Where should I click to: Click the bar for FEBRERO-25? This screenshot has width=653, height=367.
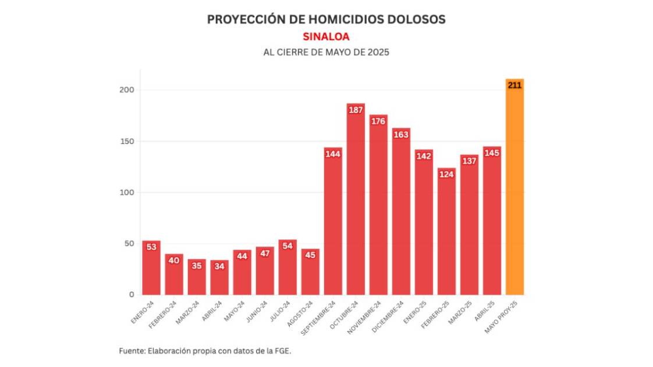pyautogui.click(x=446, y=233)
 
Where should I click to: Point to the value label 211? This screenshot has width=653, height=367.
pyautogui.click(x=514, y=85)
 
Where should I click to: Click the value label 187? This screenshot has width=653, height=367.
pyautogui.click(x=356, y=110)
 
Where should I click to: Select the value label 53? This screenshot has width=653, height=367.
pyautogui.click(x=151, y=247)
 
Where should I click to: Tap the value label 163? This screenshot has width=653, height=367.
pyautogui.click(x=401, y=135)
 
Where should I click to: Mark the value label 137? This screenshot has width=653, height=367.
pyautogui.click(x=469, y=161)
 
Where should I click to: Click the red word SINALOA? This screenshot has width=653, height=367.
pyautogui.click(x=326, y=36)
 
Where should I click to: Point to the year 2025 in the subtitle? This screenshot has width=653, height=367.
pyautogui.click(x=378, y=52)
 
